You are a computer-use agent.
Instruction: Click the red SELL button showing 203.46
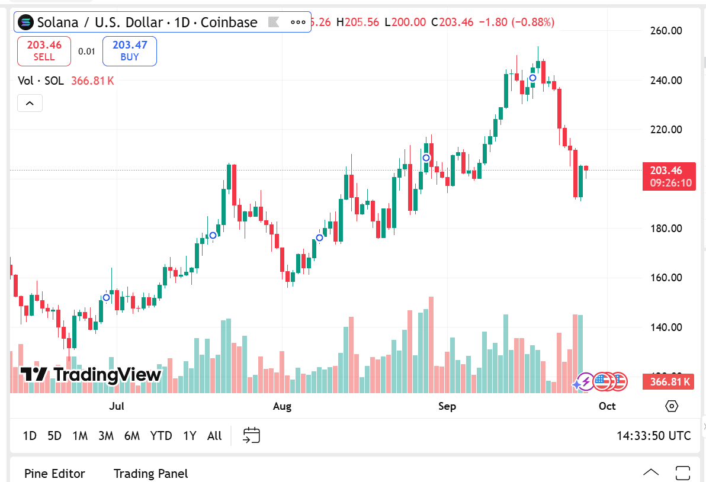(44, 51)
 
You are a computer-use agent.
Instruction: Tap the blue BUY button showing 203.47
(129, 51)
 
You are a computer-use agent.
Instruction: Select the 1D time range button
(30, 436)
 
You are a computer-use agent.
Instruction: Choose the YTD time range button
(161, 436)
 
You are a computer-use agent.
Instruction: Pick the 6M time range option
(131, 436)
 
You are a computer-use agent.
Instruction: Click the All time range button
(214, 436)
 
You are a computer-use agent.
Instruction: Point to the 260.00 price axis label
(666, 31)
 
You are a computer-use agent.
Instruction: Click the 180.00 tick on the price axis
(666, 229)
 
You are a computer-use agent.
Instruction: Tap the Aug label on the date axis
(282, 406)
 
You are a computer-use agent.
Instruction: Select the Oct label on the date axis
(607, 406)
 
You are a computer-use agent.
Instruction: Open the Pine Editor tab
(54, 474)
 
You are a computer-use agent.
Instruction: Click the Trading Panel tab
(150, 474)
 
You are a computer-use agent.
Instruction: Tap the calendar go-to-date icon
(252, 436)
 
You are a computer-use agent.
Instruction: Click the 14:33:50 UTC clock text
(653, 436)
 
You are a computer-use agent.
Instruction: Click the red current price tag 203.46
(669, 176)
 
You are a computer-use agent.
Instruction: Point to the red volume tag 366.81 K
(669, 382)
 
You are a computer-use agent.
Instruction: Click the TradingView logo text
(91, 375)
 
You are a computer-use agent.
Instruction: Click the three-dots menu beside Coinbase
(298, 23)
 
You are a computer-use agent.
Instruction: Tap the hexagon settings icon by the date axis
(672, 406)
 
